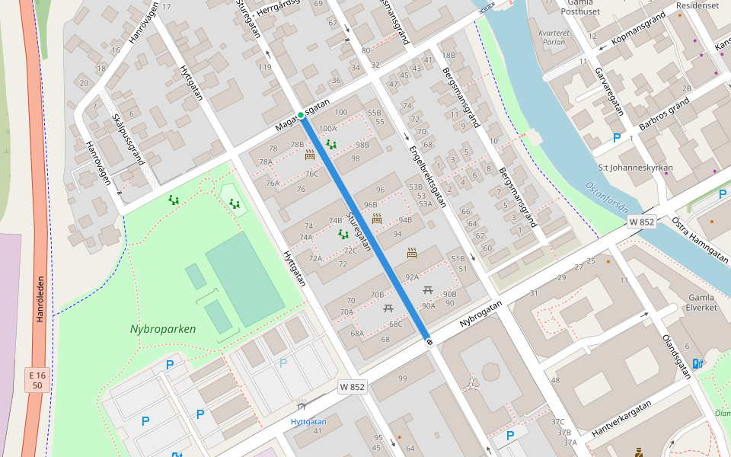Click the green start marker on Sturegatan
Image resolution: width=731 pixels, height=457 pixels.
click(301, 115)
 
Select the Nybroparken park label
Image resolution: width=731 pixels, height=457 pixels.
click(163, 330)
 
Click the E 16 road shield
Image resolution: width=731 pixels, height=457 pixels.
click(37, 380)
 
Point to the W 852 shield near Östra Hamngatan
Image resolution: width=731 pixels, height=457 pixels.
click(642, 222)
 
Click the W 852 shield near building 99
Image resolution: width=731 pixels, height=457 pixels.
click(353, 387)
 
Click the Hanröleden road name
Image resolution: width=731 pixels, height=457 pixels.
click(40, 299)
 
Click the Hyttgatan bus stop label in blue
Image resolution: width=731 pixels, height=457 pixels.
click(308, 421)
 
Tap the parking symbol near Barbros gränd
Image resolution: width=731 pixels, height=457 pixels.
click(617, 138)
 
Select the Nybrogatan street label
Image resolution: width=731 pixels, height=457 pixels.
click(481, 315)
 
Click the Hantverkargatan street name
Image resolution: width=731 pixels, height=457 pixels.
click(621, 419)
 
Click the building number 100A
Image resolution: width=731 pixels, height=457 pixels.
click(328, 129)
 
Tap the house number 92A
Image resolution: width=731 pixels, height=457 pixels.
click(412, 277)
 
